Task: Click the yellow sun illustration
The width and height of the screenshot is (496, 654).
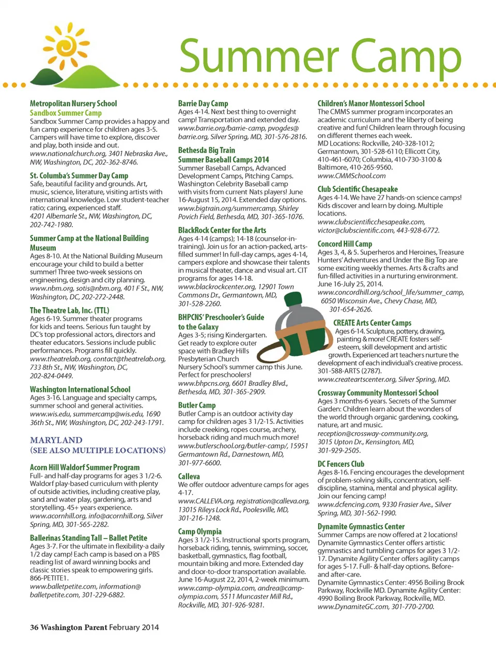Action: pos(67,45)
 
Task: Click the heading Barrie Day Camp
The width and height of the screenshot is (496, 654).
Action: pos(203,103)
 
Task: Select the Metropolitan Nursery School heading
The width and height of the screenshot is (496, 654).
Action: pos(73,103)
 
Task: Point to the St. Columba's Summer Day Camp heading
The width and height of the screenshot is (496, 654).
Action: pos(79,176)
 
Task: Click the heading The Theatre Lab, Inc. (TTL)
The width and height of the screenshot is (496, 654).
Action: pos(70,310)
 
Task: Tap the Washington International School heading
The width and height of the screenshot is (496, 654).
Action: pos(80,389)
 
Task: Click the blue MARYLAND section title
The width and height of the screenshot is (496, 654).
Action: pos(56,440)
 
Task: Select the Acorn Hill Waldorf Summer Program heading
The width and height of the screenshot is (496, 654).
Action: pos(85,467)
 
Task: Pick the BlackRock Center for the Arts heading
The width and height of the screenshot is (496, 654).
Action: pos(222,230)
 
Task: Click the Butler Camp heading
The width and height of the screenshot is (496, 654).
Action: pos(197,405)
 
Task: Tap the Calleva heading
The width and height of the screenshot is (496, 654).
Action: pos(189,476)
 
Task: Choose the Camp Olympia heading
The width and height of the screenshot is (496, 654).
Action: pos(200,531)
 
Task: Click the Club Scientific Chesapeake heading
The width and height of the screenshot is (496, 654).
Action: pos(358,189)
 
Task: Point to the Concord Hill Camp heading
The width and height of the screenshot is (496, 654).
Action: pos(345,244)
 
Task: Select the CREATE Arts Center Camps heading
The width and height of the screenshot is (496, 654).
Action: pos(373,323)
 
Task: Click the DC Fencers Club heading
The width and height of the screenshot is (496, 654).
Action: pos(341,464)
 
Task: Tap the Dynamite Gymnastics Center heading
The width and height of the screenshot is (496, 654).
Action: pos(361,526)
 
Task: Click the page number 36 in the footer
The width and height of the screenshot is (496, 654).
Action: pos(34,627)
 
